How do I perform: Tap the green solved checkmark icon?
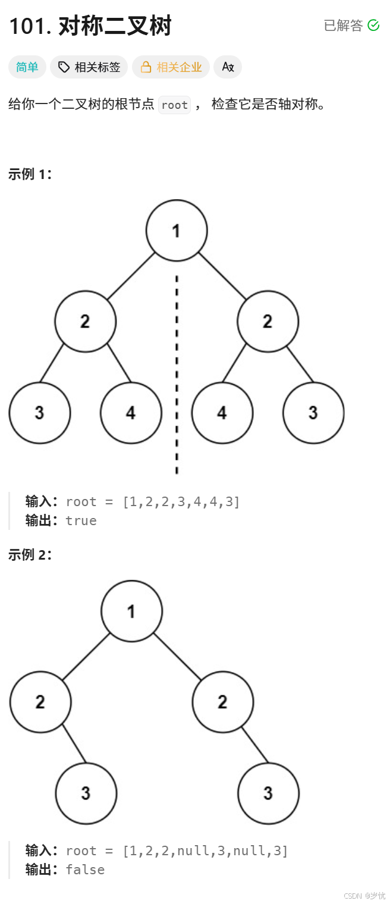[x=373, y=25]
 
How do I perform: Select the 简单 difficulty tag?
[x=27, y=67]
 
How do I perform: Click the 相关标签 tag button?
[x=89, y=67]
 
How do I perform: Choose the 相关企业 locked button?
[x=171, y=67]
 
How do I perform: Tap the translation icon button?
[x=228, y=67]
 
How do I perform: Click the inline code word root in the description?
[x=174, y=105]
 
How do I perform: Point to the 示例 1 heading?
[x=30, y=174]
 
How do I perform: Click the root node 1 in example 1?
[x=177, y=231]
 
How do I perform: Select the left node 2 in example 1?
[x=86, y=321]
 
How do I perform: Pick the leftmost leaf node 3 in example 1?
[x=40, y=413]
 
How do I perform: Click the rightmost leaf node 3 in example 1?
[x=313, y=413]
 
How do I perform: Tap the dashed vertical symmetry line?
[x=177, y=375]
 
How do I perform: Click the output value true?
[x=81, y=521]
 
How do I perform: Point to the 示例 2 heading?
[x=30, y=555]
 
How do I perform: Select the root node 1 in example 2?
[x=131, y=611]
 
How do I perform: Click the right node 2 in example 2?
[x=222, y=702]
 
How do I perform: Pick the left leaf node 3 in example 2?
[x=86, y=793]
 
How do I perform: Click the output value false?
[x=85, y=870]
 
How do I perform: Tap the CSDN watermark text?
[x=364, y=896]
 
